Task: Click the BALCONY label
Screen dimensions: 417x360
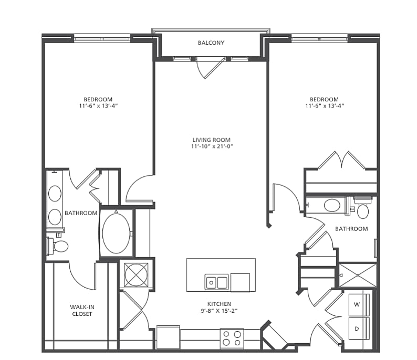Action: click(211, 43)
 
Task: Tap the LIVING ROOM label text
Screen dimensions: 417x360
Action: click(212, 140)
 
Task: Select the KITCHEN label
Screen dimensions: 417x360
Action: click(219, 304)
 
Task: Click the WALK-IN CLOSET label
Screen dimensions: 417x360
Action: click(82, 310)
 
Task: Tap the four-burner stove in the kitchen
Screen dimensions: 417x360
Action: click(232, 338)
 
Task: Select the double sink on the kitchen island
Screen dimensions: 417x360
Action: click(216, 282)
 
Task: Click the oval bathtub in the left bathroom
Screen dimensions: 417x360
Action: click(116, 234)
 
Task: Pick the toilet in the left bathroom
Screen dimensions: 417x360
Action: click(58, 246)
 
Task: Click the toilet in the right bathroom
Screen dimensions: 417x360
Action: click(363, 207)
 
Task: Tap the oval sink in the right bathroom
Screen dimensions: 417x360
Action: click(332, 205)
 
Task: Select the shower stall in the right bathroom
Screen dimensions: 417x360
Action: click(358, 275)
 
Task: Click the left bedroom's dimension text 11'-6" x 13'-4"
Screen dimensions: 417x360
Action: click(98, 105)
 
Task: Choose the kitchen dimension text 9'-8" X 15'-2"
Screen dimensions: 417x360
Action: click(219, 311)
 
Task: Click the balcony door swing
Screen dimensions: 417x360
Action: click(211, 68)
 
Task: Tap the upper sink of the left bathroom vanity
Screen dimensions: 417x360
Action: click(55, 194)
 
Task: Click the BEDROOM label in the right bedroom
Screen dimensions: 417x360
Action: click(324, 99)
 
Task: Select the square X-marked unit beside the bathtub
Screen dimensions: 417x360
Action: click(136, 275)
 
